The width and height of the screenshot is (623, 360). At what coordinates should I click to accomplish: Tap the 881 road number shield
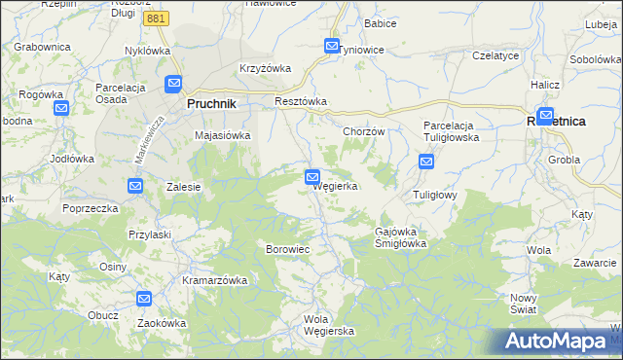click(155, 18)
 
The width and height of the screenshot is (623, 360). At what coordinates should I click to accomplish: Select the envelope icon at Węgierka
click(311, 176)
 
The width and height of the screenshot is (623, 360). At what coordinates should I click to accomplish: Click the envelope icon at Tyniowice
click(332, 46)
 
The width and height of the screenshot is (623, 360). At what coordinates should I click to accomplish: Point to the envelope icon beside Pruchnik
click(174, 85)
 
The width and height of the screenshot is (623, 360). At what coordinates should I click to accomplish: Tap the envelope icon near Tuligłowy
click(426, 162)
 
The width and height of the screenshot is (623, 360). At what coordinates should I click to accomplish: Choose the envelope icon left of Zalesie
click(135, 185)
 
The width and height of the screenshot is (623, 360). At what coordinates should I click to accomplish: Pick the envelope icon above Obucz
click(144, 300)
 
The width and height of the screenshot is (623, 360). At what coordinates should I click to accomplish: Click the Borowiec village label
click(287, 250)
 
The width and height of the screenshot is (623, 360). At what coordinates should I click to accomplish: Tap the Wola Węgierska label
click(329, 325)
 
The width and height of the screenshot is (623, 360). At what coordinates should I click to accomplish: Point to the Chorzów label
click(365, 131)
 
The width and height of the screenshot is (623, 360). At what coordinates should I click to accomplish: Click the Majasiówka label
click(224, 136)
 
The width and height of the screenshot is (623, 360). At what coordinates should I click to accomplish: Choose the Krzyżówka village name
click(266, 69)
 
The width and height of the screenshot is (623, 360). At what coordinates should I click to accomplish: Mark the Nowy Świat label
click(524, 304)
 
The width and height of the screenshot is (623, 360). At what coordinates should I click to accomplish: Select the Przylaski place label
click(150, 234)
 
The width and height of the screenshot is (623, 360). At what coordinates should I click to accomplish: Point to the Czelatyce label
click(495, 56)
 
